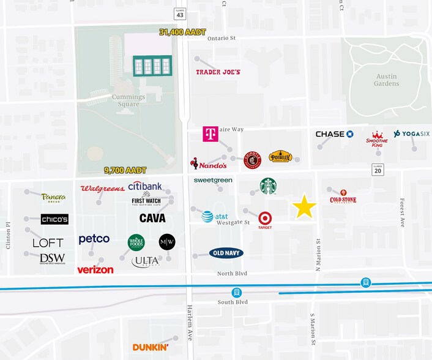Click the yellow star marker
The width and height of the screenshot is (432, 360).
coord(304,207)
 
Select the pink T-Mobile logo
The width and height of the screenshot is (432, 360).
coord(210,134)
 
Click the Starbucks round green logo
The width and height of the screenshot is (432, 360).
coord(268,186)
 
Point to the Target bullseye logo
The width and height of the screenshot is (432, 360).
coord(265,219)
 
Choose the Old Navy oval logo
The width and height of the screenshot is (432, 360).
coord(226,253)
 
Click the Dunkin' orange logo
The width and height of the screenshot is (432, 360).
coord(151,347)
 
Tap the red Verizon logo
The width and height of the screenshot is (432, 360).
coord(95,269)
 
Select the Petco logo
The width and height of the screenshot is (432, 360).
coord(94,239)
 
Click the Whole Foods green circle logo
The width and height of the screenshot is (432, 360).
coord(136,242)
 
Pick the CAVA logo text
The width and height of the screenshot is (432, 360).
coord(152,218)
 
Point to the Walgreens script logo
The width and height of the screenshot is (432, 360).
coord(102,189)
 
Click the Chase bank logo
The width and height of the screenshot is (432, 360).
coord(334,134)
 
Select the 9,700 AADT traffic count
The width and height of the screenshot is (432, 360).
coord(125,170)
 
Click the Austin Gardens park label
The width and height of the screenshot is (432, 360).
coord(386,80)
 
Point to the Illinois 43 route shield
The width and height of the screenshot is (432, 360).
coord(180,15)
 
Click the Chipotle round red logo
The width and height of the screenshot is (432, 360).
coord(252,160)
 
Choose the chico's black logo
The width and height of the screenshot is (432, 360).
coord(54,219)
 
